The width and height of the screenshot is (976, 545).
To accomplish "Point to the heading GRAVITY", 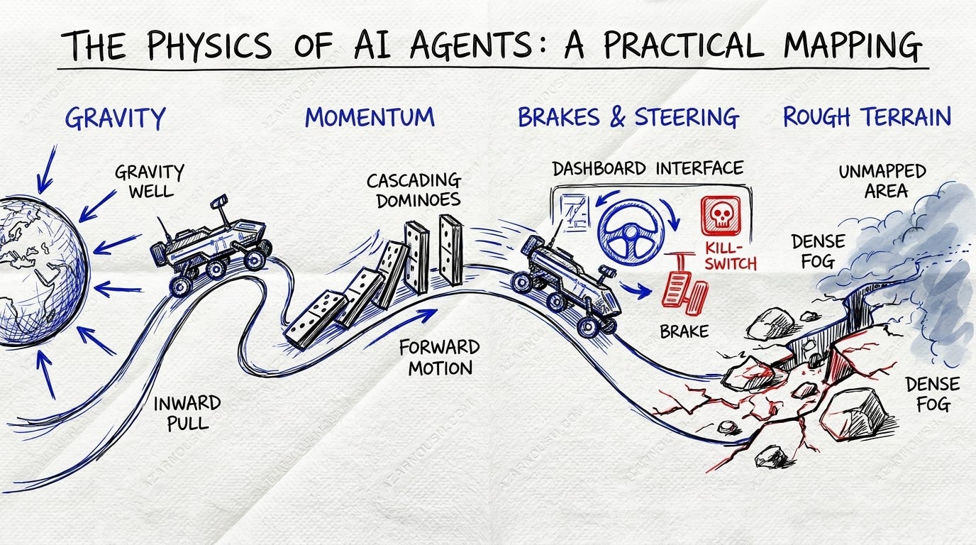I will tap(115, 117).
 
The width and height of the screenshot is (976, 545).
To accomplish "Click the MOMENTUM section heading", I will tap(370, 117).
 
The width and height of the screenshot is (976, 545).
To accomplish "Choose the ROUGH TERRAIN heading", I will tap(867, 117).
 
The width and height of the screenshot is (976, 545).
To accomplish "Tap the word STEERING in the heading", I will tap(686, 117).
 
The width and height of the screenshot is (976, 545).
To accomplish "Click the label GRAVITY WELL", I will tap(149, 182).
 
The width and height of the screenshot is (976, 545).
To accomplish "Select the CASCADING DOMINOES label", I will tap(413, 190).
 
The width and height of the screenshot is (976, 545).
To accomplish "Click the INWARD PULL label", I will tap(187, 413).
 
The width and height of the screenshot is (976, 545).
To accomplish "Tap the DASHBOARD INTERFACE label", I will tap(648, 168).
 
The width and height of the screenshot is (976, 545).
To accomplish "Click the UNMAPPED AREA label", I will tap(882, 181).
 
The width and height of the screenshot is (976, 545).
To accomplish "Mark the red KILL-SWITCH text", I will tap(731, 255).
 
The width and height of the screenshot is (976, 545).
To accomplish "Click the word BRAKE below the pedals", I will tap(684, 331).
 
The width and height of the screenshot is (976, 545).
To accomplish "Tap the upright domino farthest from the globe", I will tap(450, 250).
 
